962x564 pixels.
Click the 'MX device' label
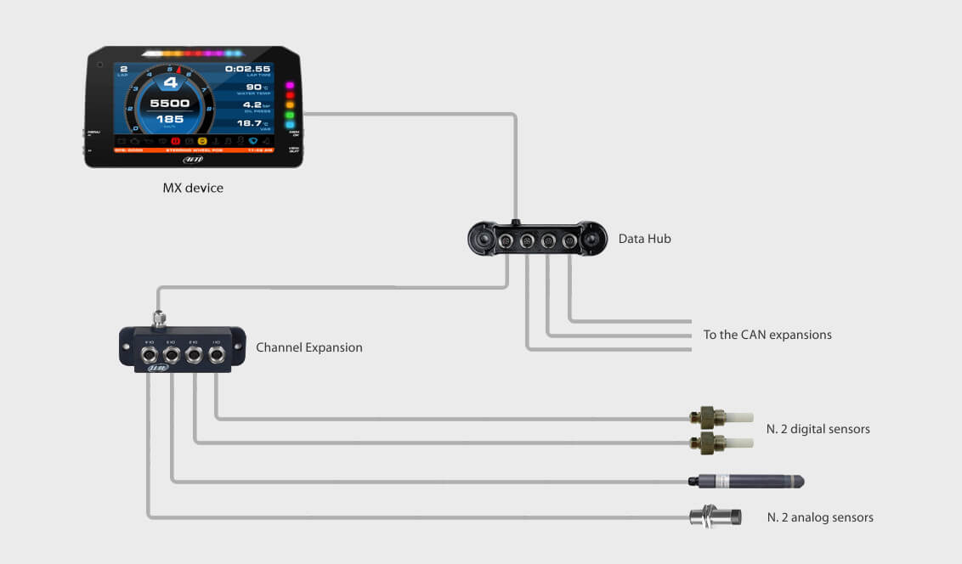click(193, 188)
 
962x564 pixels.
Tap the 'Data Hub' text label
click(644, 239)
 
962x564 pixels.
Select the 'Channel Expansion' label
click(309, 347)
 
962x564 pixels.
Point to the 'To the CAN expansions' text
click(767, 335)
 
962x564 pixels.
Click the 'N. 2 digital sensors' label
click(818, 429)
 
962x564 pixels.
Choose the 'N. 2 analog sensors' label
click(819, 517)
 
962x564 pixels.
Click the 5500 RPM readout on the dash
click(170, 104)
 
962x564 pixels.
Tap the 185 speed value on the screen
click(170, 120)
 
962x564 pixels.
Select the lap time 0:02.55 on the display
click(247, 69)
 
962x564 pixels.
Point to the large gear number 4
click(170, 82)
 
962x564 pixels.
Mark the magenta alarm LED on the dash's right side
click(289, 86)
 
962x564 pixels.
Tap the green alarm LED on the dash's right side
click(289, 114)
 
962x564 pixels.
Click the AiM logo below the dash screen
click(193, 159)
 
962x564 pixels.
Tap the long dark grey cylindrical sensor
click(746, 482)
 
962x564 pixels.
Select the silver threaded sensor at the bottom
click(715, 516)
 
